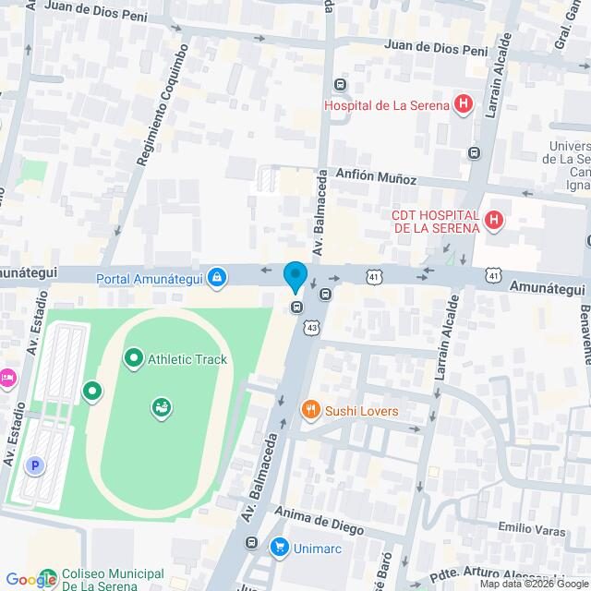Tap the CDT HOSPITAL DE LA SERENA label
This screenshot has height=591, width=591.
coord(436,222)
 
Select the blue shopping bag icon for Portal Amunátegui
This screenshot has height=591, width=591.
coord(217,275)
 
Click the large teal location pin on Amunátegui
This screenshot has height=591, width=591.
coord(295,277)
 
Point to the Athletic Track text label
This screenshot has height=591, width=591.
coord(187,359)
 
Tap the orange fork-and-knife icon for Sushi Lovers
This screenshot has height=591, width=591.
coord(311,410)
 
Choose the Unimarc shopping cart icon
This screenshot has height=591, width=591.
coord(278,548)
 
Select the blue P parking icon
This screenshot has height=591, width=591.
coord(36,466)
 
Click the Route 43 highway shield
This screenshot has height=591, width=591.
coord(312,327)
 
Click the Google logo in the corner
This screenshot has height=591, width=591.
coord(30,579)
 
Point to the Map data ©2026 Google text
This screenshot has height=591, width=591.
coord(532,584)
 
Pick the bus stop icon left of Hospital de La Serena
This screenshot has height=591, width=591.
coord(341,86)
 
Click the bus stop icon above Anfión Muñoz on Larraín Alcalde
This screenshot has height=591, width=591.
coord(474,152)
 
